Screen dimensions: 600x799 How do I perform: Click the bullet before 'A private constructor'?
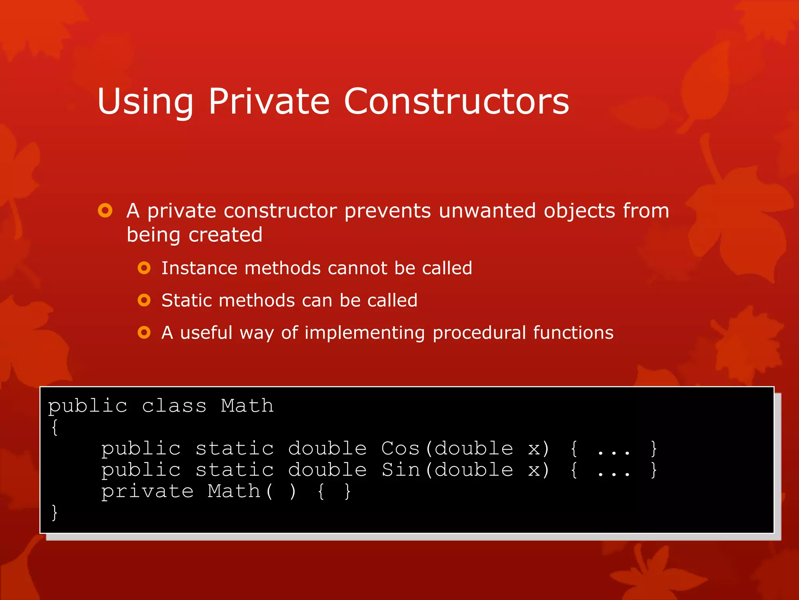(105, 211)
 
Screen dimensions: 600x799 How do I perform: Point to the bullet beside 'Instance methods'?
(144, 268)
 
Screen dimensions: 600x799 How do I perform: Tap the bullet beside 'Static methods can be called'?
(144, 300)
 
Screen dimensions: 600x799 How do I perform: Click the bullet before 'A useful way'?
(144, 332)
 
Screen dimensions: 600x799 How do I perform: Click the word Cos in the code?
(400, 448)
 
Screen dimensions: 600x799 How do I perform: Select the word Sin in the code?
(400, 470)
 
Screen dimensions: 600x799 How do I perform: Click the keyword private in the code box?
(147, 491)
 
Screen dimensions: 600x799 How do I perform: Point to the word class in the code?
(174, 406)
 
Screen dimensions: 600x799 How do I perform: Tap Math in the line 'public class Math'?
(247, 406)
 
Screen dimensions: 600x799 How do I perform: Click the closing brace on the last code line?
(55, 512)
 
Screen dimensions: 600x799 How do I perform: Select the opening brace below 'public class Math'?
(55, 427)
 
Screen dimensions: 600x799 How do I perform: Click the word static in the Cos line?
(234, 448)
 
